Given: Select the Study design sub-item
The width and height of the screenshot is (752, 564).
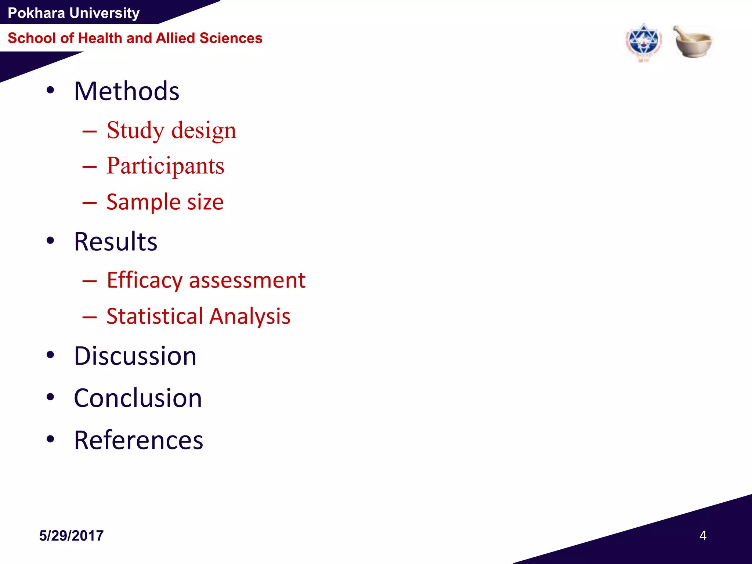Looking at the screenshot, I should point(171,130).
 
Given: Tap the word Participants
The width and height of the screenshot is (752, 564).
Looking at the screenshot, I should point(165,166).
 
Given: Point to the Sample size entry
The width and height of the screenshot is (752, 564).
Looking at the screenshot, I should point(165,202).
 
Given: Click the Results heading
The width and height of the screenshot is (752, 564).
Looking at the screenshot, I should point(116,242).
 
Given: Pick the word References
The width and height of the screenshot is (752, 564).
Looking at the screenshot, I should point(138,440).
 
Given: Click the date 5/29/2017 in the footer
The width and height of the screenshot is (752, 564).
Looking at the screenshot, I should point(71,536).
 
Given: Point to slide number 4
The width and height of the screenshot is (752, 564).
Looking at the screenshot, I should point(703,536).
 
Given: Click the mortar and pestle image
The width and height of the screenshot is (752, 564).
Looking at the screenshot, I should point(693,41).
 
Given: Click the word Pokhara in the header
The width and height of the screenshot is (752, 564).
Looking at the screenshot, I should point(36,13).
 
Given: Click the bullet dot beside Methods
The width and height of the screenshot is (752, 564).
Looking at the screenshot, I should point(50,90).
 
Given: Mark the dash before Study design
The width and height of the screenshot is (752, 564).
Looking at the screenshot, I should point(90,131).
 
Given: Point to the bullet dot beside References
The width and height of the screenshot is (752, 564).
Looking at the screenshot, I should point(50,439).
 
